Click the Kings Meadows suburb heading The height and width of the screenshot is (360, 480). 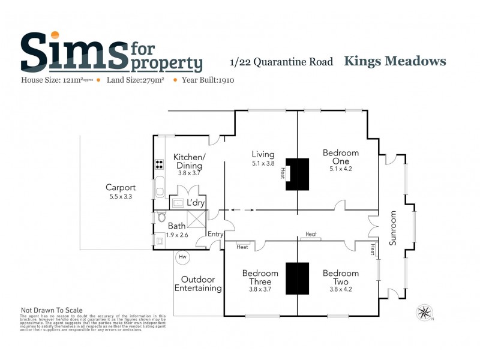395,61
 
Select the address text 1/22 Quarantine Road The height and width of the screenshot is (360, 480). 281,62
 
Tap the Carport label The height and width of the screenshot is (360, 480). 121,187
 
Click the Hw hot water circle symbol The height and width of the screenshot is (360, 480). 182,257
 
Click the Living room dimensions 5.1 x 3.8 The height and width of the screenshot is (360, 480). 263,163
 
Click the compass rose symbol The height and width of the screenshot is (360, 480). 425,311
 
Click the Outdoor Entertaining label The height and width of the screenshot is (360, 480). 198,284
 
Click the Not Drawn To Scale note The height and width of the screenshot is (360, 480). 52,310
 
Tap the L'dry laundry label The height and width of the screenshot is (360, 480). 196,203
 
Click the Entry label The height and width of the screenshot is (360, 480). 215,233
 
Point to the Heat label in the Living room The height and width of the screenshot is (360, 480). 281,172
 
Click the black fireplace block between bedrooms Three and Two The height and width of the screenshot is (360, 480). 297,278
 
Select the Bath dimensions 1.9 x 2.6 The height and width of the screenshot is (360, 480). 177,235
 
